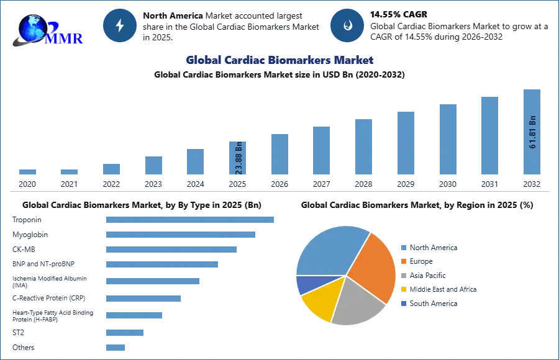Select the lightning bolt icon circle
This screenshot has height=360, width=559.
click(x=120, y=25)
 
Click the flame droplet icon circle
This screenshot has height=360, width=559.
click(x=347, y=25)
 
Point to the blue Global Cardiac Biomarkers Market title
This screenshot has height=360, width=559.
click(x=279, y=60)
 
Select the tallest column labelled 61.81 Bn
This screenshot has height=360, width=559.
click(x=532, y=133)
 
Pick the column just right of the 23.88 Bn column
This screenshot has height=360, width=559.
click(x=278, y=156)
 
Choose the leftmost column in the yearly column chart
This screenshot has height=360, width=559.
click(x=27, y=173)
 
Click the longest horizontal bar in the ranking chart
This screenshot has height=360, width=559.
click(x=191, y=219)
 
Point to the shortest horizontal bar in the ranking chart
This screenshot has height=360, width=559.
click(x=116, y=348)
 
